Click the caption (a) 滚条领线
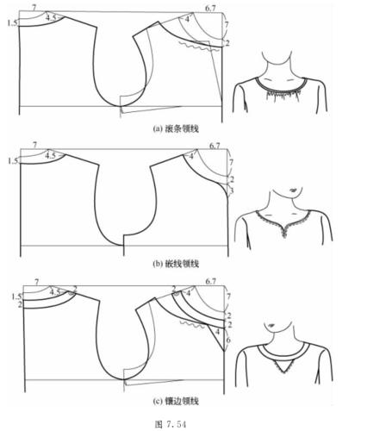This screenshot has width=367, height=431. coord(176,128)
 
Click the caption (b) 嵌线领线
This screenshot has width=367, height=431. coord(176,262)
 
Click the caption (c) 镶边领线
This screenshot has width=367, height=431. coord(176,399)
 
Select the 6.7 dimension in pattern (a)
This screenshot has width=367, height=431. coord(211,8)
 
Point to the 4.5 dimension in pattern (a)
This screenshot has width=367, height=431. coord(53,17)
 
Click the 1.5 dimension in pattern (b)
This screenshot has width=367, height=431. coord(11,160)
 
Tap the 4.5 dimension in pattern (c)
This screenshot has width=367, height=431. coord(55,292)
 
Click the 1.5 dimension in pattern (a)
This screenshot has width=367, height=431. coord(11,23)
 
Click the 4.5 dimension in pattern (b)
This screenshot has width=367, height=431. coord(53,155)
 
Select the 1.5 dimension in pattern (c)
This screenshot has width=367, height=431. coord(16,296)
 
